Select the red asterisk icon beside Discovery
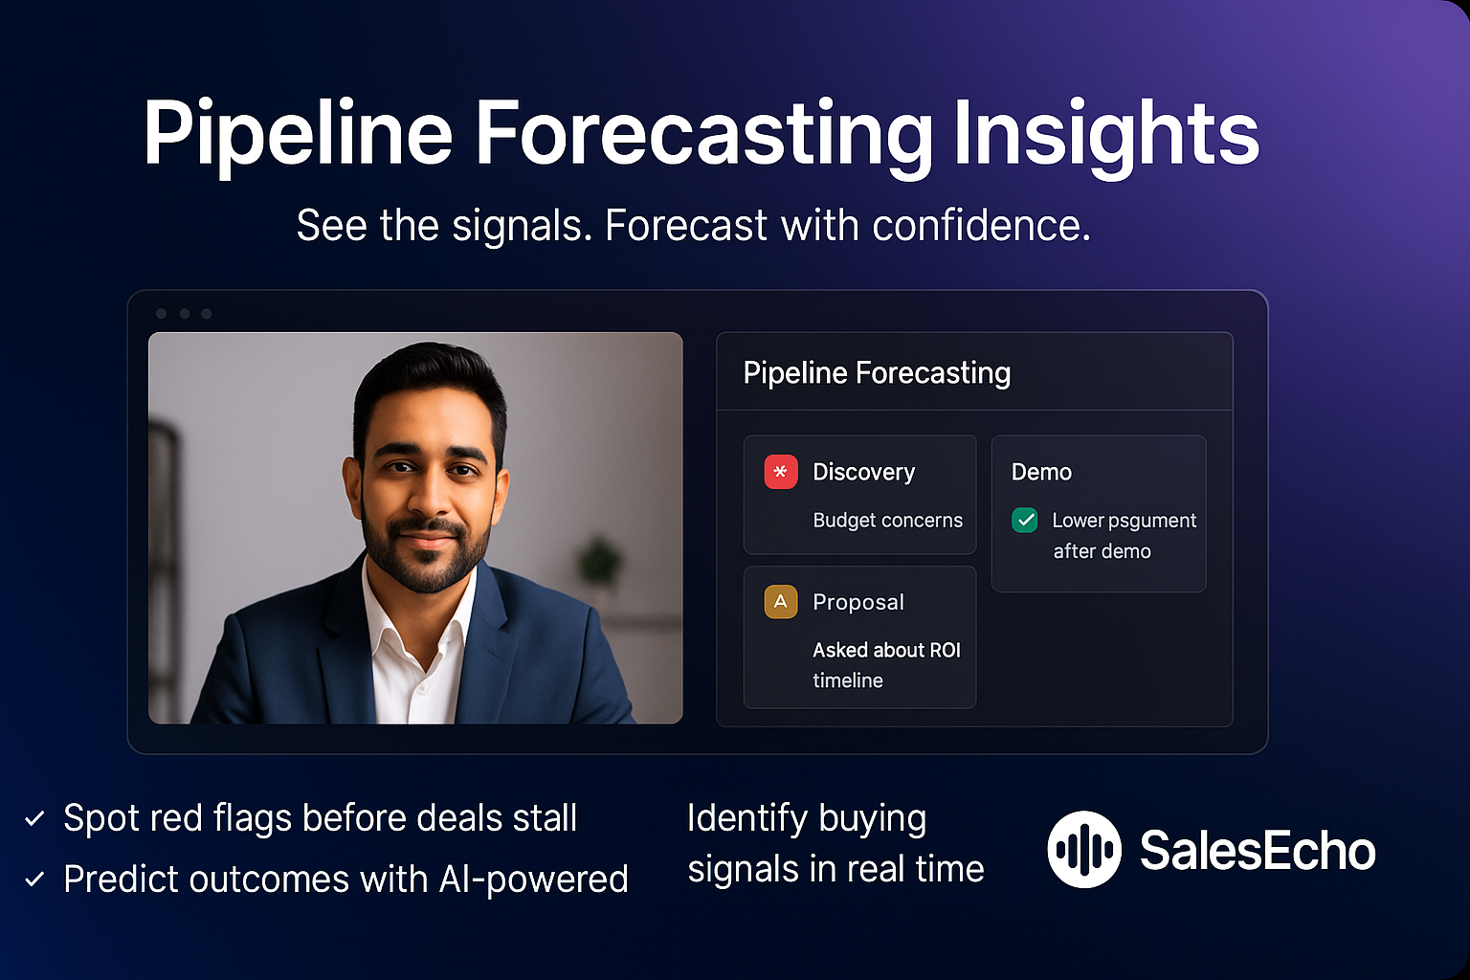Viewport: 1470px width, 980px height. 780,472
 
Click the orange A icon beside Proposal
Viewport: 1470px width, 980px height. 780,602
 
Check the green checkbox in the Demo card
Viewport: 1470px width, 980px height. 1025,520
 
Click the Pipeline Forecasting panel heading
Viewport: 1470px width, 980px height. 877,373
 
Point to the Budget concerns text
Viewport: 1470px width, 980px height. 887,521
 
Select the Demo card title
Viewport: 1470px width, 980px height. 1041,472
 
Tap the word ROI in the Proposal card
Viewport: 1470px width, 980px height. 944,651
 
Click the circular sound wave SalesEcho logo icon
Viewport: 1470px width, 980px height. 1083,849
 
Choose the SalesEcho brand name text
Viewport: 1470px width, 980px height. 1257,850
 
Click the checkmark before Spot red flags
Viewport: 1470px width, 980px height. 34,819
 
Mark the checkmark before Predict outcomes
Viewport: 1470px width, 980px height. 34,880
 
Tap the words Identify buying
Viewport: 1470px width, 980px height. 806,819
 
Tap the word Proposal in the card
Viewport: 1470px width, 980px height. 857,602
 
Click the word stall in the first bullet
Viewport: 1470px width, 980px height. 545,819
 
